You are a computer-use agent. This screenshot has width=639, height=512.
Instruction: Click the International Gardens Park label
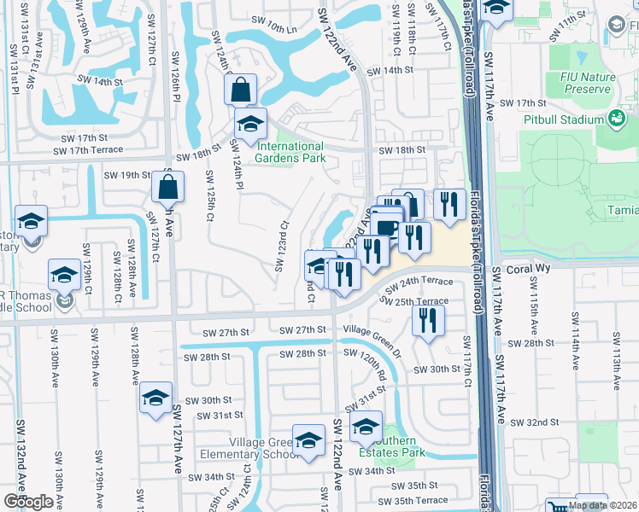(x=290, y=152)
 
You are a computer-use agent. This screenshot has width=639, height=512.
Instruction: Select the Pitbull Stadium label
(x=566, y=120)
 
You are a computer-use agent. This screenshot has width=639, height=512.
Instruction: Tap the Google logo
(x=27, y=502)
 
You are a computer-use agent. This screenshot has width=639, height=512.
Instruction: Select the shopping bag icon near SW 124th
(x=241, y=89)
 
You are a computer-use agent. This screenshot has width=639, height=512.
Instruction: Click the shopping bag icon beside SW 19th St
(x=168, y=186)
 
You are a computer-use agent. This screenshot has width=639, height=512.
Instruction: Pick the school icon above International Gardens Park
(x=250, y=125)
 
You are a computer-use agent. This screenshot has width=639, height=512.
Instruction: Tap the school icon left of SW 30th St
(x=155, y=398)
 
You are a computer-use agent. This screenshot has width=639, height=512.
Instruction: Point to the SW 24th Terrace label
(x=418, y=281)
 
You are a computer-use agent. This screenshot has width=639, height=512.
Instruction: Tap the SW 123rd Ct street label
(x=280, y=248)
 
